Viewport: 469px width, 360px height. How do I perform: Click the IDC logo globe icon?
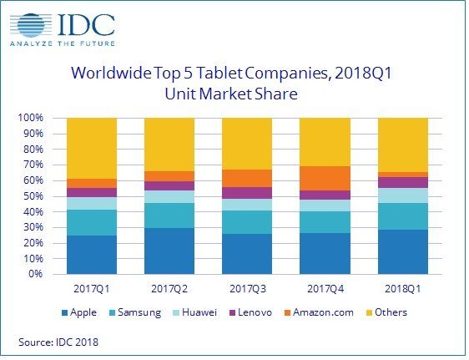[x=29, y=23]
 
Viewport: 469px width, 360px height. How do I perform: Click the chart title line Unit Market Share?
[x=235, y=94]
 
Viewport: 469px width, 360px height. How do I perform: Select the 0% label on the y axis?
[x=35, y=274]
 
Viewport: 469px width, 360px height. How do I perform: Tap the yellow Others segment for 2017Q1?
[x=91, y=148]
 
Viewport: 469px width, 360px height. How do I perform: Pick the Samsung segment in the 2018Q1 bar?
[x=402, y=216]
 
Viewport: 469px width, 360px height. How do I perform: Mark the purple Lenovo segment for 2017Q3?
[x=247, y=193]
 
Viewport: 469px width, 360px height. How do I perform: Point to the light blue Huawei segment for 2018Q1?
[x=402, y=195]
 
